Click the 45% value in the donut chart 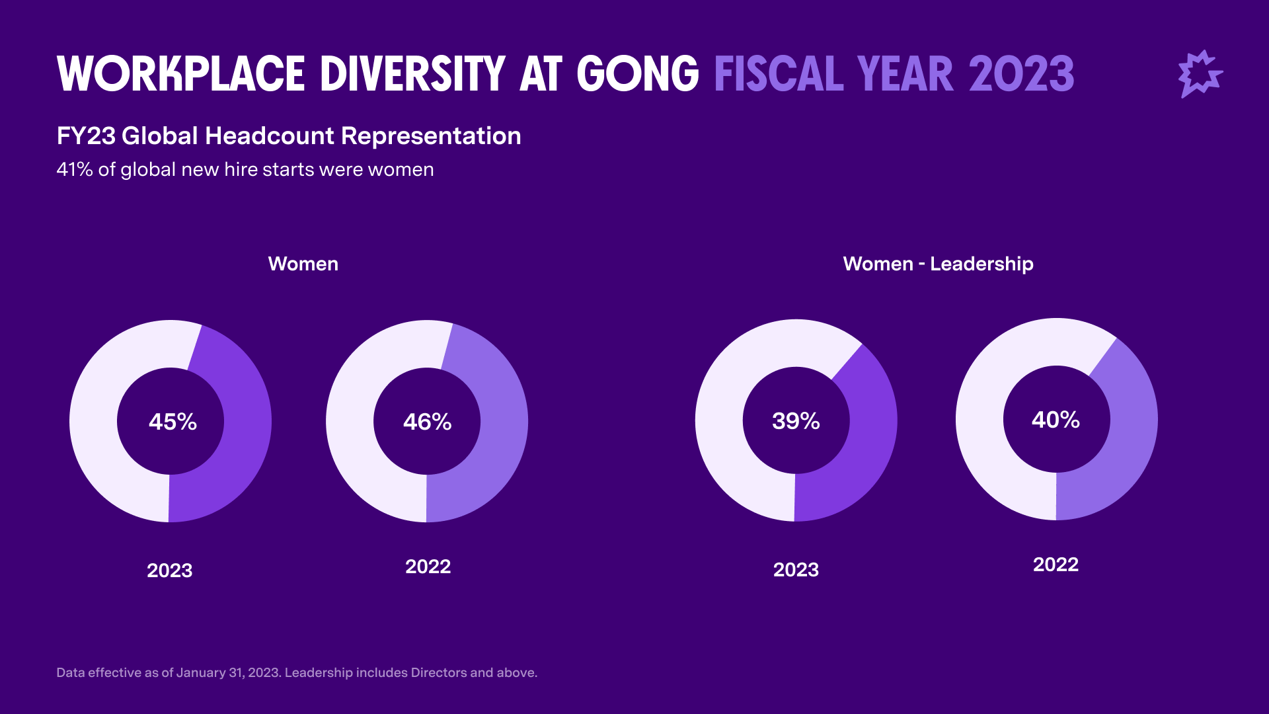pos(173,422)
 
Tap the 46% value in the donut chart pos(427,422)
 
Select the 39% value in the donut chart pos(796,421)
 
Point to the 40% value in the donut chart pos(1056,420)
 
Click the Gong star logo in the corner pos(1200,74)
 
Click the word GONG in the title pos(638,74)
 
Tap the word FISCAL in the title pos(779,74)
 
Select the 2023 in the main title pos(1022,74)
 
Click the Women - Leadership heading pos(938,264)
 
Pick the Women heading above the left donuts pos(303,264)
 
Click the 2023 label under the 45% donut pos(169,571)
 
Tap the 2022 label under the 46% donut pos(428,567)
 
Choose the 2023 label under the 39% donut pos(796,570)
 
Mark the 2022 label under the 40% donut pos(1056,565)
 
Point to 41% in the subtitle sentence pos(74,170)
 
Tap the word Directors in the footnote pos(439,673)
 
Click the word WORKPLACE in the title pos(181,74)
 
